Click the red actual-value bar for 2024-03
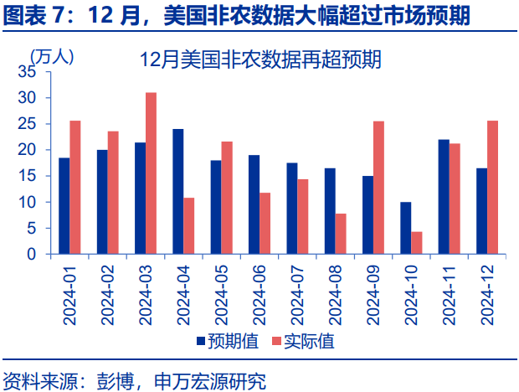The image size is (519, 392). point(152,173)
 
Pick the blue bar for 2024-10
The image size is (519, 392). point(406,228)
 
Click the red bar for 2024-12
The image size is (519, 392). point(493,187)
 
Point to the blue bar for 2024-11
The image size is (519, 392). point(444,197)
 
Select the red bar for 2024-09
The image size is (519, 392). point(378,188)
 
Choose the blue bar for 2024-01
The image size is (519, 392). point(64,205)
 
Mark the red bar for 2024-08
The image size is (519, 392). point(341,234)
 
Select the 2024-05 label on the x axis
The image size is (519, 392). point(222,295)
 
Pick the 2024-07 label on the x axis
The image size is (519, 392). point(297,295)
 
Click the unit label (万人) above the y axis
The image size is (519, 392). point(52,56)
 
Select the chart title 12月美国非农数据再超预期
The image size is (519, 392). point(260,59)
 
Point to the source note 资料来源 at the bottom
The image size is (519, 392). point(134,381)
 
